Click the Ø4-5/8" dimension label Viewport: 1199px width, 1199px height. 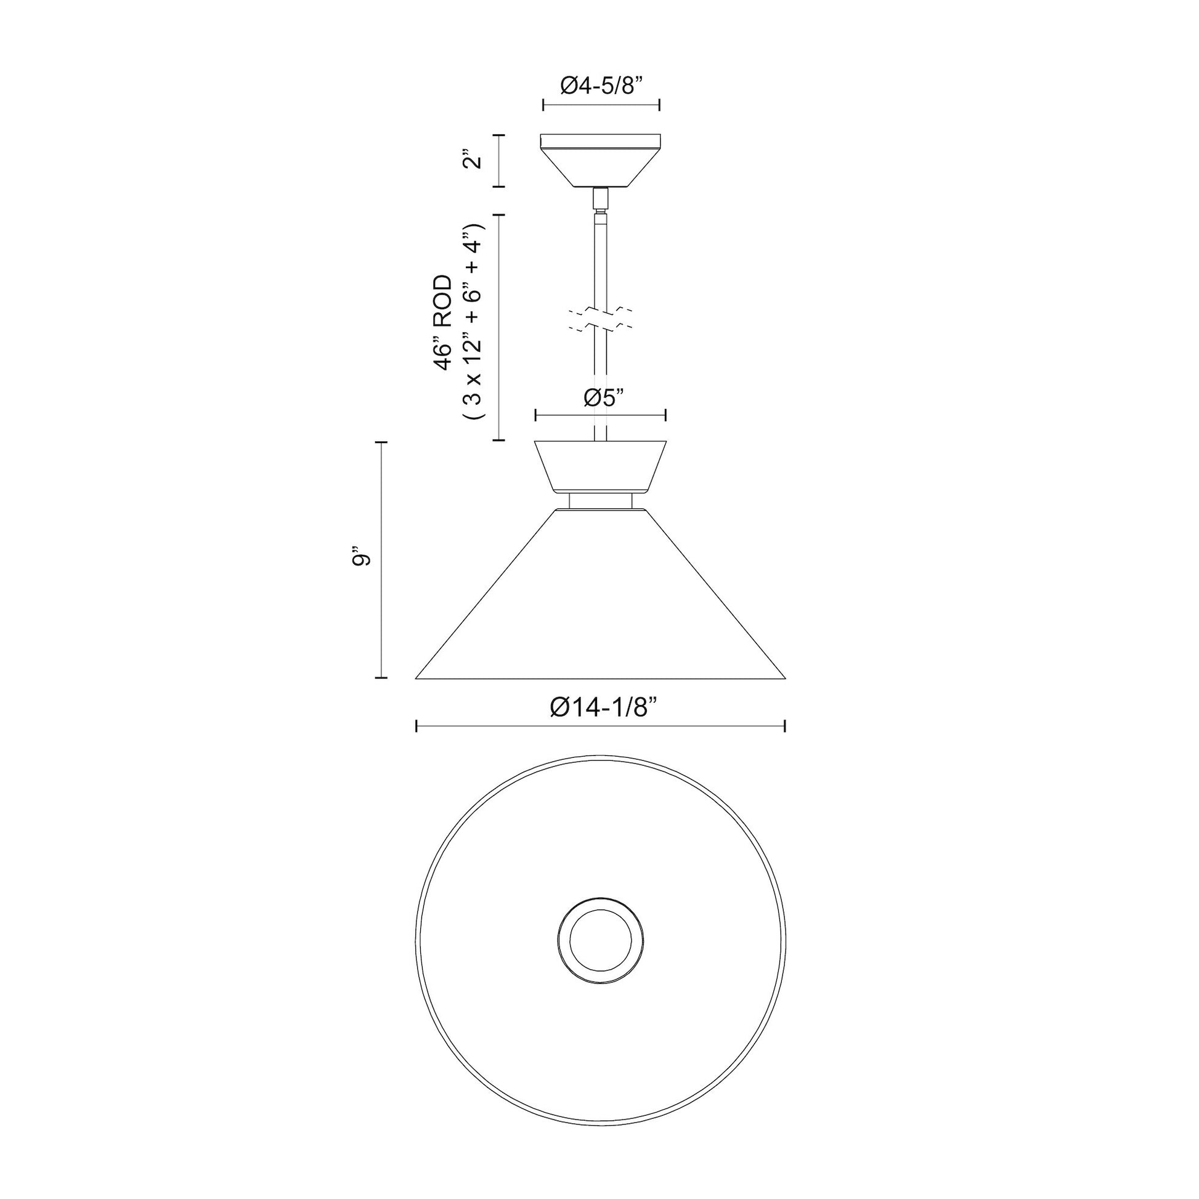pos(599,86)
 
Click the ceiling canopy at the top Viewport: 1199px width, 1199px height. pos(600,161)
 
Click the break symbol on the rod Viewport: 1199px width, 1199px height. pos(600,318)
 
